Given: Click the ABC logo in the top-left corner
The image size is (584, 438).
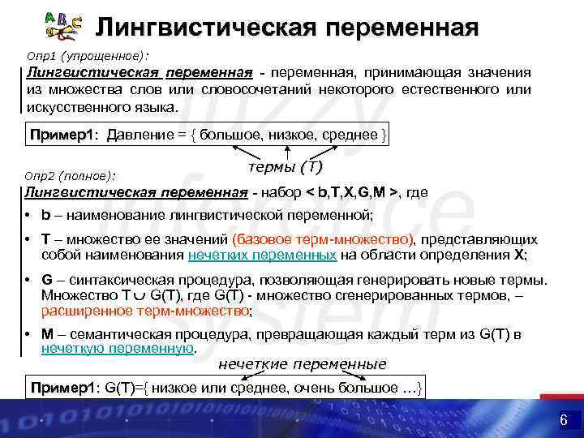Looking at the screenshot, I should [62, 27].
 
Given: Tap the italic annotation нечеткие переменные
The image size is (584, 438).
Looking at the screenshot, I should [303, 364].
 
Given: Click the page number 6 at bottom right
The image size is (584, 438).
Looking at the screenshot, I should [563, 420].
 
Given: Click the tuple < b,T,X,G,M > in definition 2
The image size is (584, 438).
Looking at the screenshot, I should [351, 192].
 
